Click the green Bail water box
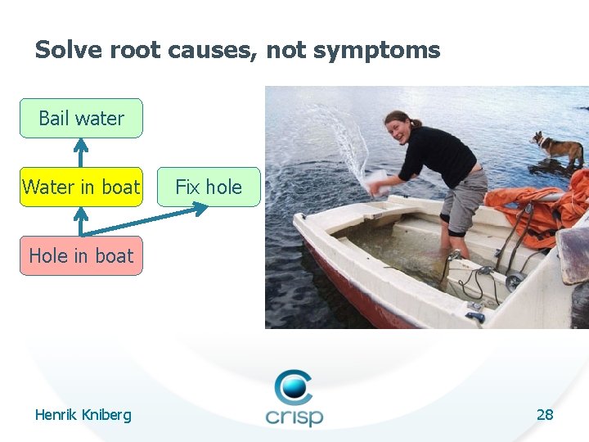tap(81, 118)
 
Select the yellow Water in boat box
tap(81, 187)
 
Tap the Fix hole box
tap(209, 187)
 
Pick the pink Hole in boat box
tap(81, 255)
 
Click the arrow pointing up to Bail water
tap(80, 151)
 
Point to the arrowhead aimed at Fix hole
tap(200, 210)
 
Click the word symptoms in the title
tap(376, 51)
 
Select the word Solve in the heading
tap(67, 51)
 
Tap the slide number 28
tap(545, 414)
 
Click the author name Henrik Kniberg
tap(83, 415)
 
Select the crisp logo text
tap(294, 415)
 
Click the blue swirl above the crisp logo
tap(293, 386)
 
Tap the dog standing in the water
tap(558, 149)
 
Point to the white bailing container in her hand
tap(378, 181)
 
